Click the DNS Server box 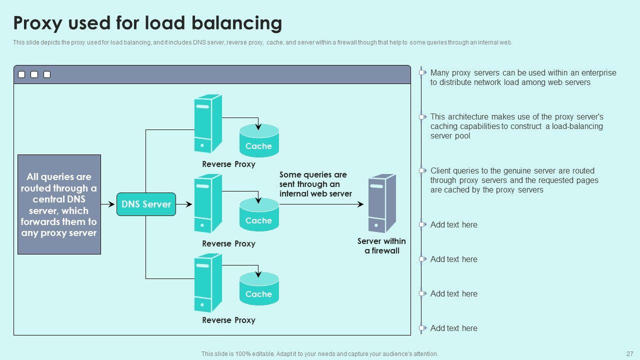146,204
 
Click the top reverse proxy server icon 208,123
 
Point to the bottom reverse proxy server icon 208,282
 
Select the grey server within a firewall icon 382,203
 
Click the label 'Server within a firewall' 381,246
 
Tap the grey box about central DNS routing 59,204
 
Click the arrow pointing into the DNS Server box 108,204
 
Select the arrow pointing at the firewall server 322,204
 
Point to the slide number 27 629,353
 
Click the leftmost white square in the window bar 21,74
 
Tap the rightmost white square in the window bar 47,74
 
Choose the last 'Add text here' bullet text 453,328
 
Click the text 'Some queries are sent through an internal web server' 315,184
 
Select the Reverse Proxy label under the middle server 228,243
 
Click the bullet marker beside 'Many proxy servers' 422,72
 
